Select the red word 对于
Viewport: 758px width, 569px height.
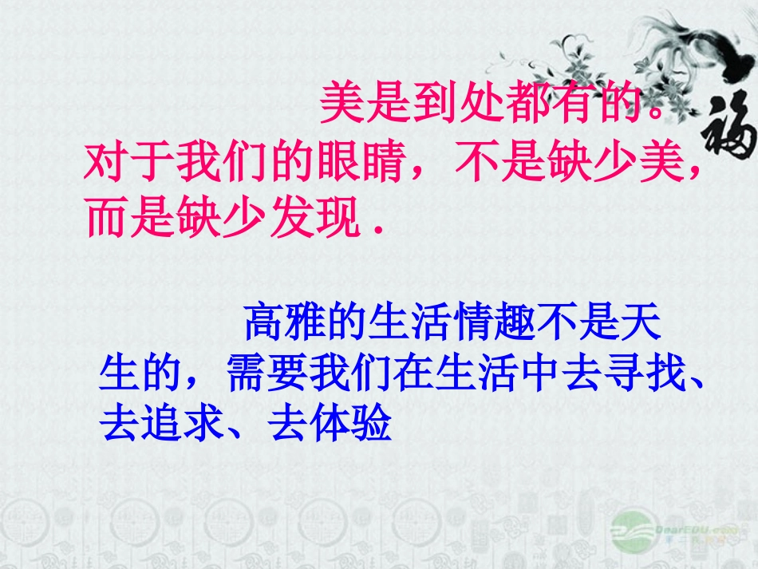(127, 163)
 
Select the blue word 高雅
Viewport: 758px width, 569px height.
(284, 324)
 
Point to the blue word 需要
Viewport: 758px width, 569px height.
(263, 373)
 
